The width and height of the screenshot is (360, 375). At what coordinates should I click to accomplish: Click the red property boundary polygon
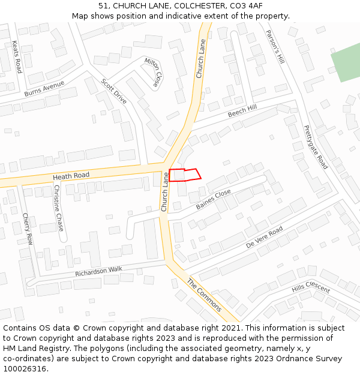coord(182,175)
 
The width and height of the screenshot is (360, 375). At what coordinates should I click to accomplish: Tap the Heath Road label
coord(71,176)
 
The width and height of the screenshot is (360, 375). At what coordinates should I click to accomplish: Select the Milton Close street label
coord(153,71)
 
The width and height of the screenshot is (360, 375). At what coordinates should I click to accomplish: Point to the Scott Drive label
coord(113,91)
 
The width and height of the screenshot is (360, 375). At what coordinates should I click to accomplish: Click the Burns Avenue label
coord(44,89)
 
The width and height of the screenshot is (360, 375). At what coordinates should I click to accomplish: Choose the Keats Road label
coord(17,56)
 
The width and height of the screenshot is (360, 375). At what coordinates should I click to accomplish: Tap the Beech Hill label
coord(242,110)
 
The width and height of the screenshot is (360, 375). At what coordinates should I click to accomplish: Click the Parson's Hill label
coord(275,47)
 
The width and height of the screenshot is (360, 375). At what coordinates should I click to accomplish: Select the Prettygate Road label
coord(316,147)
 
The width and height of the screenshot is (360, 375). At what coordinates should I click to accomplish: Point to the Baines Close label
coord(213,199)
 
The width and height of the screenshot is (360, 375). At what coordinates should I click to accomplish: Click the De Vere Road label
coord(264,238)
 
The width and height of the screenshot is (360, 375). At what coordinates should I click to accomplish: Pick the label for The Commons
coord(204,295)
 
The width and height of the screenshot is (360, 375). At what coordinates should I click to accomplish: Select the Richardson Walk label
coord(98,272)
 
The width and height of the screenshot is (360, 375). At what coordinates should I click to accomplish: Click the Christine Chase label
coord(58,208)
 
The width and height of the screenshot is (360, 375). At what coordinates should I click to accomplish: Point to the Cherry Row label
coord(28,229)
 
